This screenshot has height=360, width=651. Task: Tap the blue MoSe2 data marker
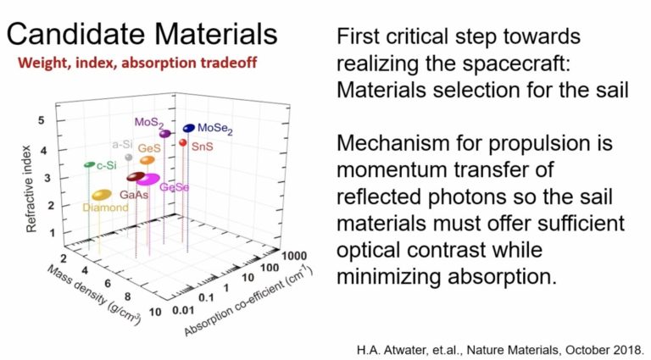(x=188, y=128)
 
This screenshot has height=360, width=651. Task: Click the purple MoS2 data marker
(x=164, y=134)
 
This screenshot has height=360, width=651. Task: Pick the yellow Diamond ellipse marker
(x=102, y=196)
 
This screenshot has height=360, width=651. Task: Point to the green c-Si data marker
(x=89, y=163)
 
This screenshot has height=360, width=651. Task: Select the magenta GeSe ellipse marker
(x=148, y=180)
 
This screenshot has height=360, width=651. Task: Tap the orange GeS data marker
(x=147, y=160)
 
